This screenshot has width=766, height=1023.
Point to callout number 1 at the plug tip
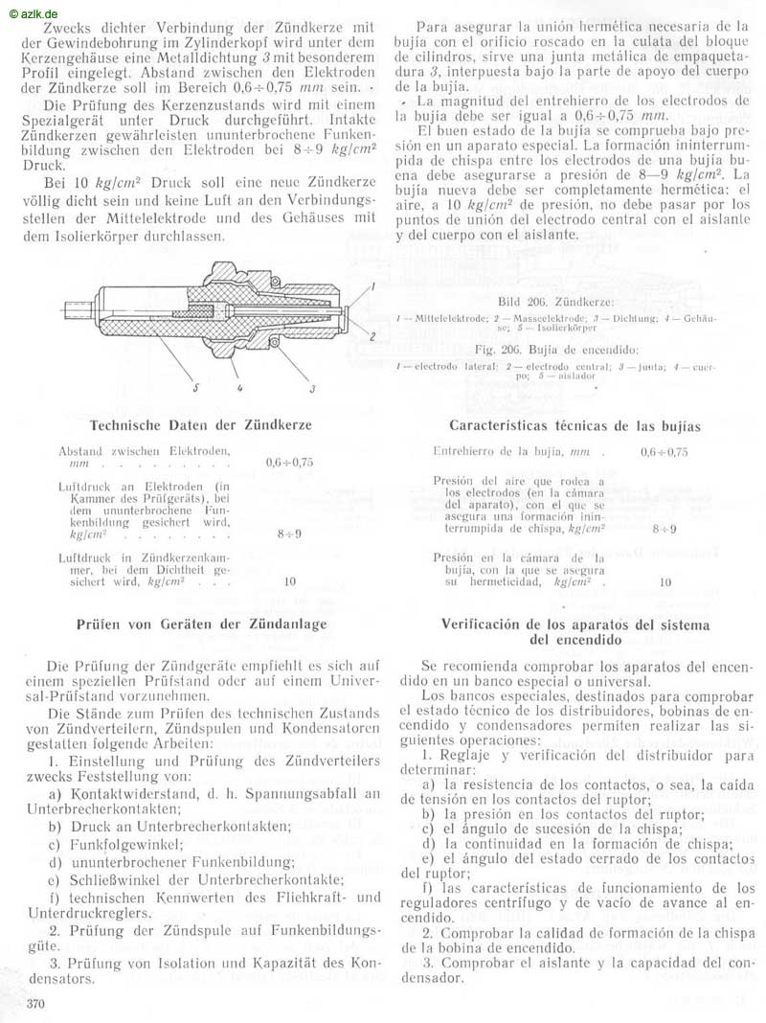(x=372, y=285)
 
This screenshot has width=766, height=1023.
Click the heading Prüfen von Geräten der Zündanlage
(x=202, y=625)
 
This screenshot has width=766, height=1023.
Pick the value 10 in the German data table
(x=290, y=580)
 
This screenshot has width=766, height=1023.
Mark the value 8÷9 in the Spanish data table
(x=664, y=528)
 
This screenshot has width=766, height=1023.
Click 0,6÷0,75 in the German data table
(x=289, y=462)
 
